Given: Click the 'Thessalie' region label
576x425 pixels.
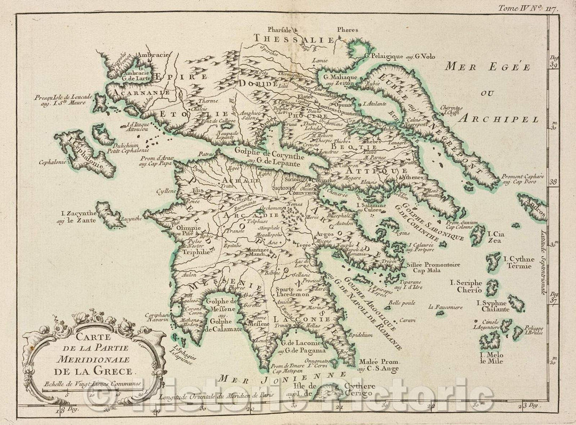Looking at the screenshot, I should click(x=294, y=38).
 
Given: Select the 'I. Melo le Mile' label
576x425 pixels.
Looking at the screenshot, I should click(x=491, y=358).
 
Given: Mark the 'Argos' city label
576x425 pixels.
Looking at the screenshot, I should click(x=324, y=235).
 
